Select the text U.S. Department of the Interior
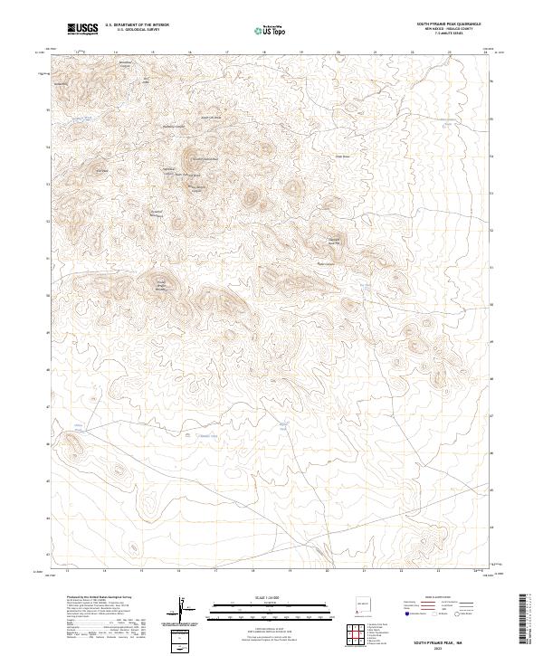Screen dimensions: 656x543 [137, 25]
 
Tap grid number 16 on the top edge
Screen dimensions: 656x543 [190, 52]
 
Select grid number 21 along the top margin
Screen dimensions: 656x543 [375, 52]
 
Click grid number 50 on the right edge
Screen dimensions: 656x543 [491, 305]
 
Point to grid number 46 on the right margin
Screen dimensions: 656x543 [491, 453]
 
